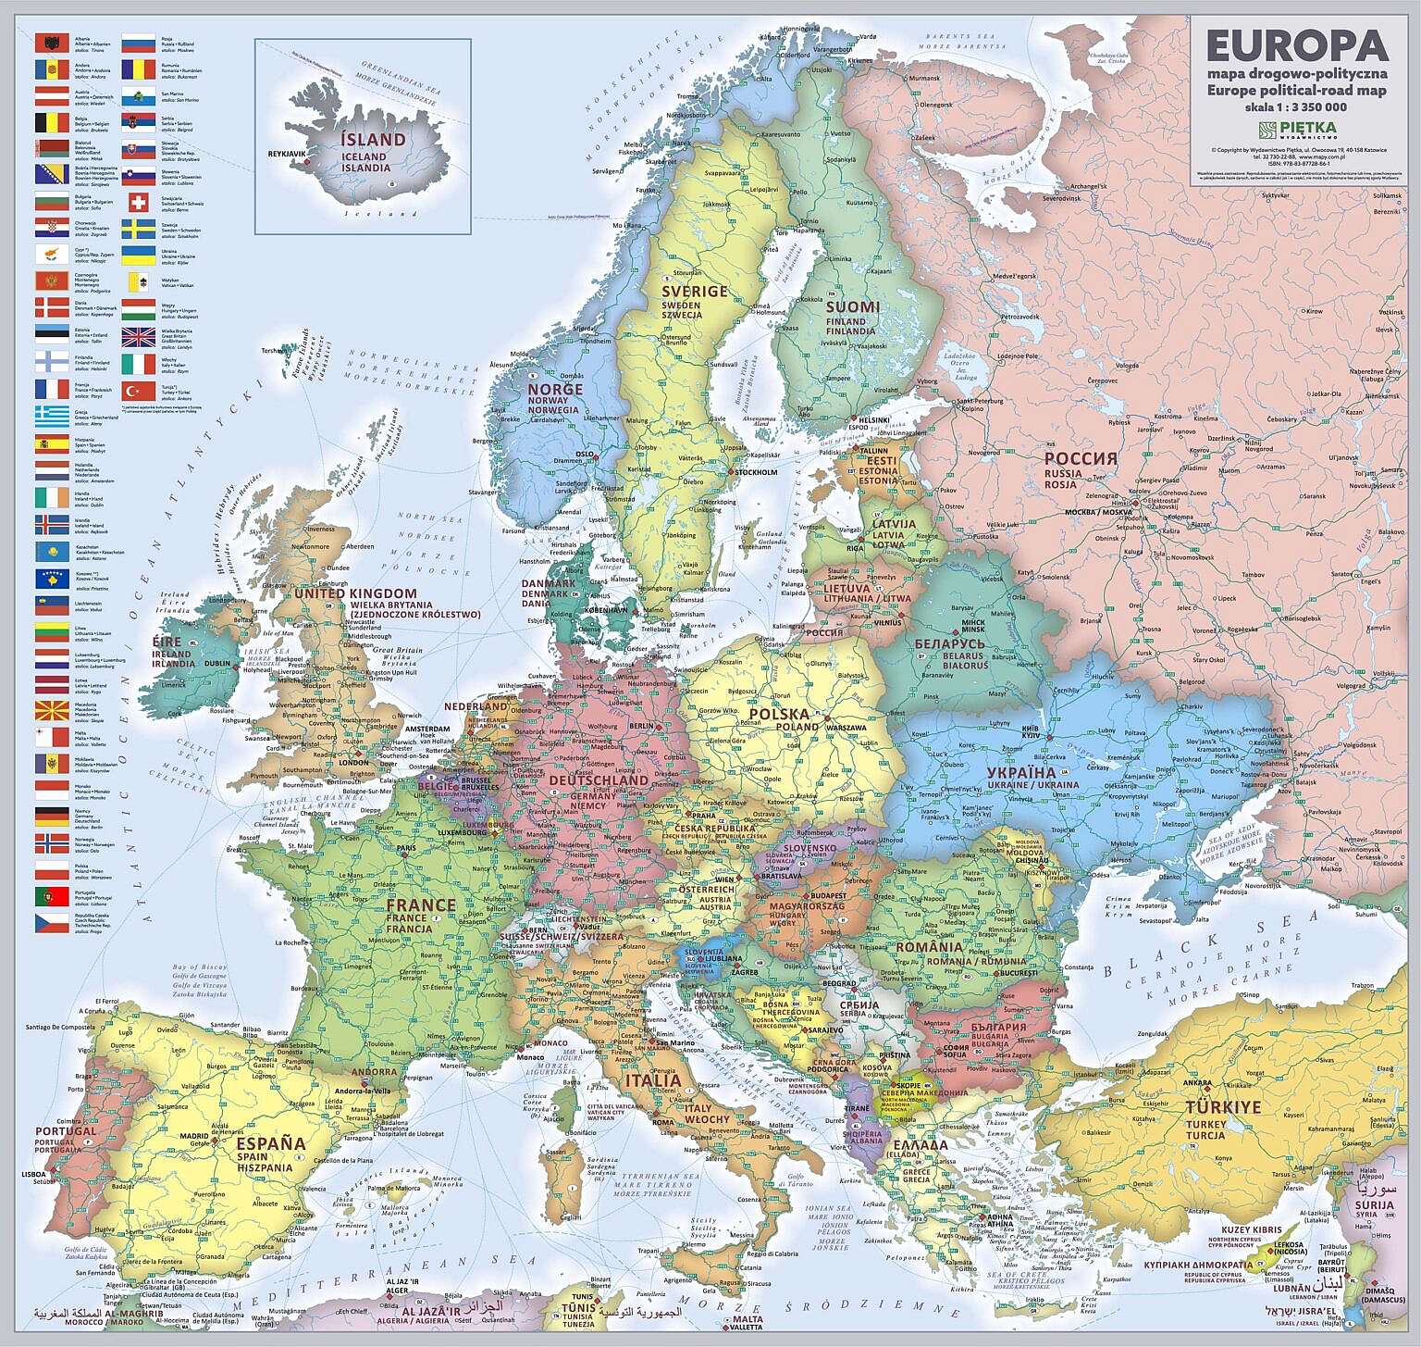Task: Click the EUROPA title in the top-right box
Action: point(1296,45)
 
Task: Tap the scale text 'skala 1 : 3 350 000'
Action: point(1295,106)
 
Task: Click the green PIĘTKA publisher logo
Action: point(1296,129)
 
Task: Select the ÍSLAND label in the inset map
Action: point(373,140)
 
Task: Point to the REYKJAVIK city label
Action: point(286,155)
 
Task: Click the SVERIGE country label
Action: point(694,292)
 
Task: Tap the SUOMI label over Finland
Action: point(852,307)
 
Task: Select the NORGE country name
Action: point(555,390)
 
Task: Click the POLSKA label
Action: point(779,714)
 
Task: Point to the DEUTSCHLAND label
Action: point(599,780)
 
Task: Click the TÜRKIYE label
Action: point(1223,1107)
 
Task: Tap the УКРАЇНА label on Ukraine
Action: point(1020,772)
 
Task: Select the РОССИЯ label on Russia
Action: point(1081,459)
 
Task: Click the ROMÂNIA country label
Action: point(929,947)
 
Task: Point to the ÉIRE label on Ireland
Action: point(167,642)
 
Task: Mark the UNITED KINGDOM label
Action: point(355,593)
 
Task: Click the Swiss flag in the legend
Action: point(138,203)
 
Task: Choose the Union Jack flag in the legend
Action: point(138,337)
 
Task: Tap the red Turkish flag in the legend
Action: point(138,392)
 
